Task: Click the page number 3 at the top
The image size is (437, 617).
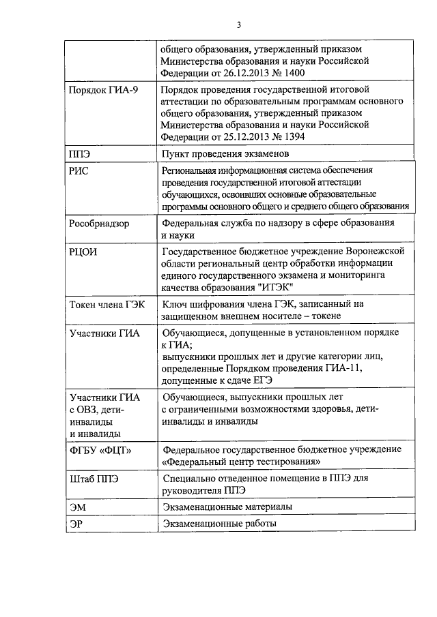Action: point(239,26)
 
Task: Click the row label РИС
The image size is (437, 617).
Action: point(79,171)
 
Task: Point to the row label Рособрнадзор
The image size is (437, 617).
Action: point(104,224)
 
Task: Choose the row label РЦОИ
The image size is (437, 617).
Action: point(83,252)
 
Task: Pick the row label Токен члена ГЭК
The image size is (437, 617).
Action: point(107,305)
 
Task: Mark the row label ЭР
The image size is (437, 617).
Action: point(77,524)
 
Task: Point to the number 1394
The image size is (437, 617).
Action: point(291,136)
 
